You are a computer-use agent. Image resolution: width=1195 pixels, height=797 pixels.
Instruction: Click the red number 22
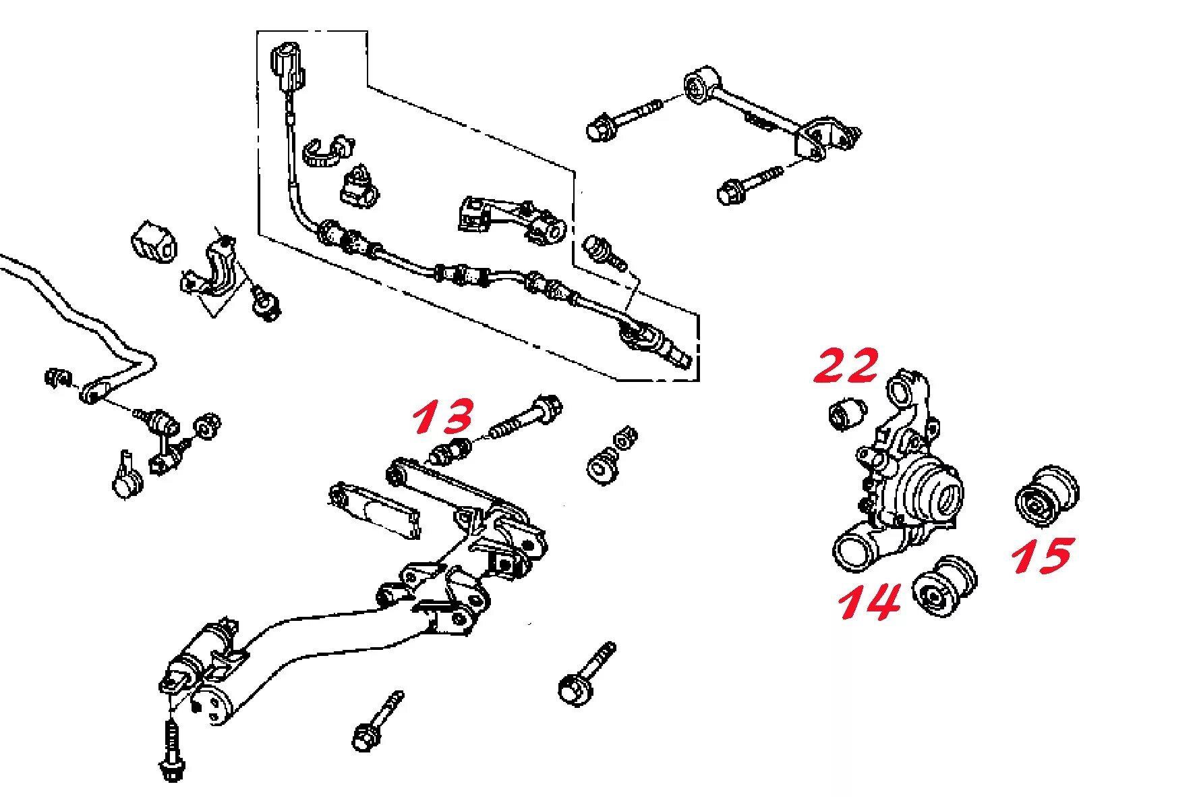[847, 366]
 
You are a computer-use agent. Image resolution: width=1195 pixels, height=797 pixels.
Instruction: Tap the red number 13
[443, 416]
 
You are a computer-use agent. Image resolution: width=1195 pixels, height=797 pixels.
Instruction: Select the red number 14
[870, 601]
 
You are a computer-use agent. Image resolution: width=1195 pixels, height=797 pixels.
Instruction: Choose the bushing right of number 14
[946, 586]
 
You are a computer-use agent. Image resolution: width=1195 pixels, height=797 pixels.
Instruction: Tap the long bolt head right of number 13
[548, 408]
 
